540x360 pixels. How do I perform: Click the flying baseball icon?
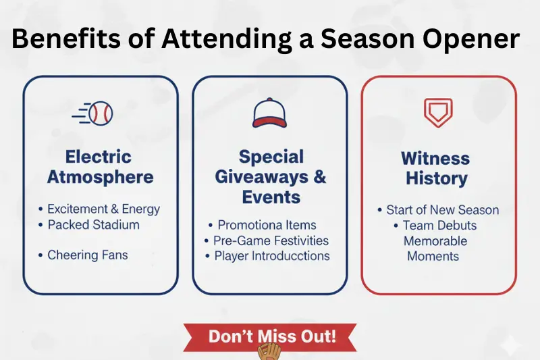94,113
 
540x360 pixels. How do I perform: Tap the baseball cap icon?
270,113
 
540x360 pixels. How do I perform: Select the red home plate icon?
438,113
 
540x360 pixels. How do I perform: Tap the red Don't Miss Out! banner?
270,336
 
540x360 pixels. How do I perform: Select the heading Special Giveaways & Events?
270,177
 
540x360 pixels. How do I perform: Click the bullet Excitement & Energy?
103,209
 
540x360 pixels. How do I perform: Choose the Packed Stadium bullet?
93,224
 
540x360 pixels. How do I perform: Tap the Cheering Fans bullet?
87,255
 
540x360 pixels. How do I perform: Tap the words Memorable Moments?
435,249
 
